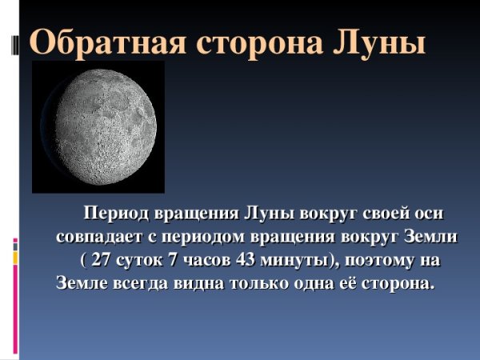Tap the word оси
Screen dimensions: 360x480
coord(422,215)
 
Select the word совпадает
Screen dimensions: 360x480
coord(96,238)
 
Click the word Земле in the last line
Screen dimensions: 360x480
coord(81,284)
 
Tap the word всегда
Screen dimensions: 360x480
coord(138,284)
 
